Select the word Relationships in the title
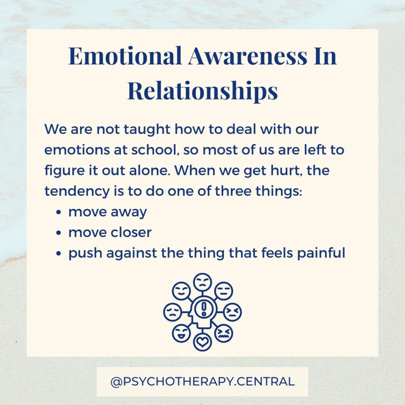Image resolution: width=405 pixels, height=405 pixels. [x=203, y=91]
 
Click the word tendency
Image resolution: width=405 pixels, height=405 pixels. [x=77, y=191]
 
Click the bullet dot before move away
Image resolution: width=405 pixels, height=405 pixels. [x=59, y=212]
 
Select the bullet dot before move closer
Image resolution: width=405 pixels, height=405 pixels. [x=59, y=233]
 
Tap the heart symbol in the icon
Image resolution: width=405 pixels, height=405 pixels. [x=202, y=342]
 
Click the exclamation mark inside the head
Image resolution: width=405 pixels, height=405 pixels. [x=204, y=308]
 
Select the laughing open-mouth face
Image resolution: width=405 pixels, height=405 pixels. [x=181, y=333]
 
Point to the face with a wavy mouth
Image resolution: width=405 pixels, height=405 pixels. [x=224, y=333]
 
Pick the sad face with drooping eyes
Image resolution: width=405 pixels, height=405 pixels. [x=172, y=312]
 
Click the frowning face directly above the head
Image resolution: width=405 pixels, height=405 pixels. [x=202, y=282]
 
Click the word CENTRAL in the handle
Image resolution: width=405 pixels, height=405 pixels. [x=265, y=382]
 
